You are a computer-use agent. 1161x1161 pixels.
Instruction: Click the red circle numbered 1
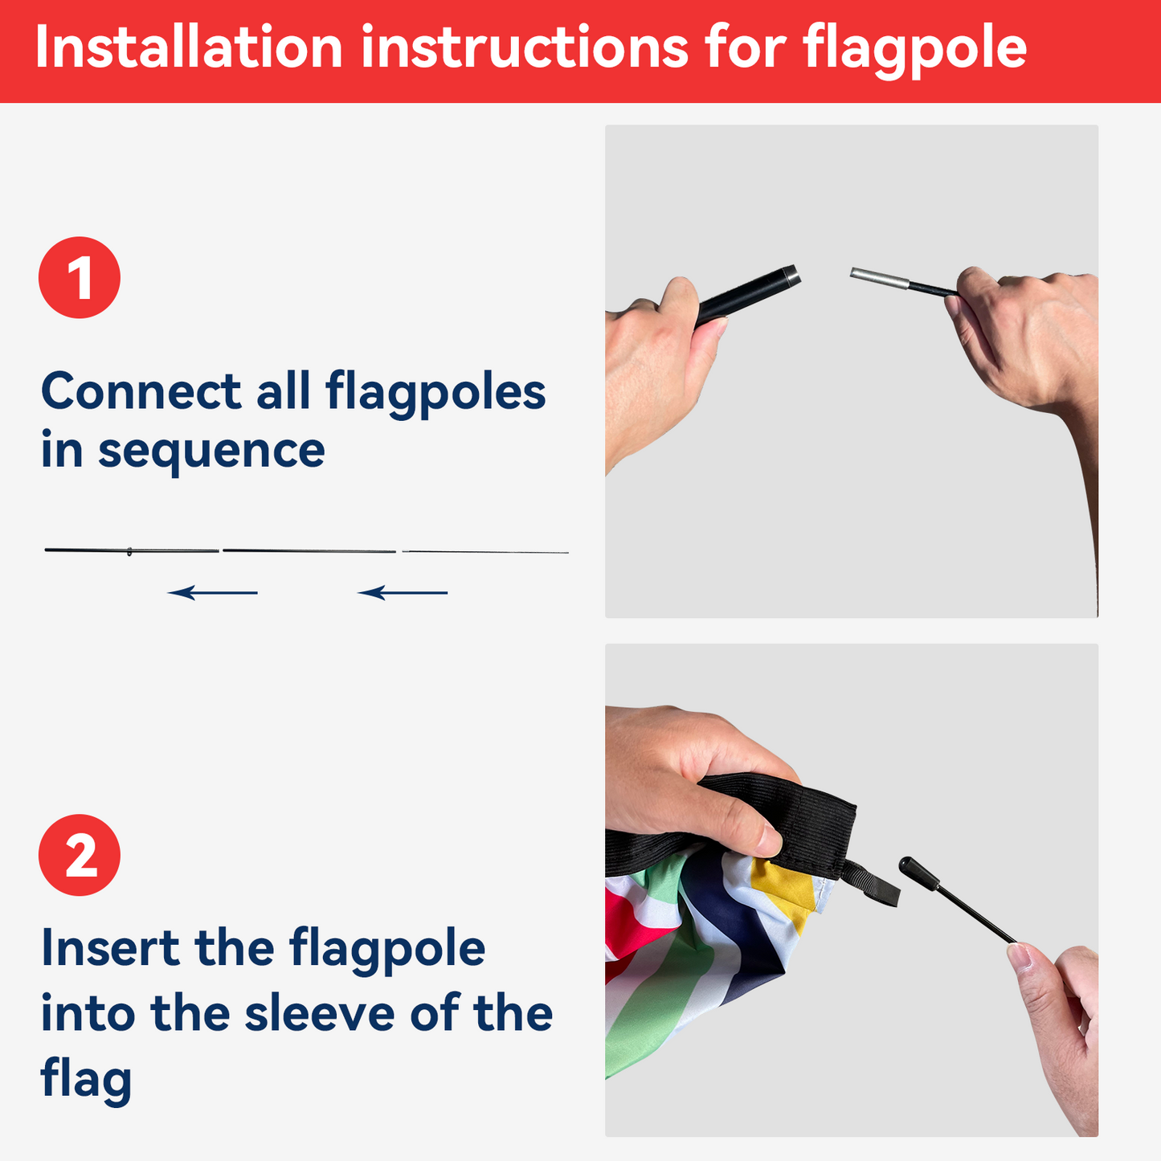point(80,277)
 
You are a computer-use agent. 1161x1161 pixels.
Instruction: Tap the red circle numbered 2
point(80,855)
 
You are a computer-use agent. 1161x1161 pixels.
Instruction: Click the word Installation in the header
point(189,48)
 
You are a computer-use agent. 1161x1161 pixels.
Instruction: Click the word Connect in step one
point(141,392)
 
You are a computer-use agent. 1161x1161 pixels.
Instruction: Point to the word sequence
point(211,452)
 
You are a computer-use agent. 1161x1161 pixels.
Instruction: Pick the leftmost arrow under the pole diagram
point(213,593)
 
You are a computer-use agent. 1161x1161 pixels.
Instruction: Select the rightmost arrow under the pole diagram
point(403,593)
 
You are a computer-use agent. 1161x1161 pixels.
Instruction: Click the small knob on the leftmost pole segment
point(129,551)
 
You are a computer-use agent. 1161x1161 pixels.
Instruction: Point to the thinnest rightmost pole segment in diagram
point(485,552)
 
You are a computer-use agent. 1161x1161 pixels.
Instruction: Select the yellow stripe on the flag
point(783,892)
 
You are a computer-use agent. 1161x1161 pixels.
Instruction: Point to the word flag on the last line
point(86,1079)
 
